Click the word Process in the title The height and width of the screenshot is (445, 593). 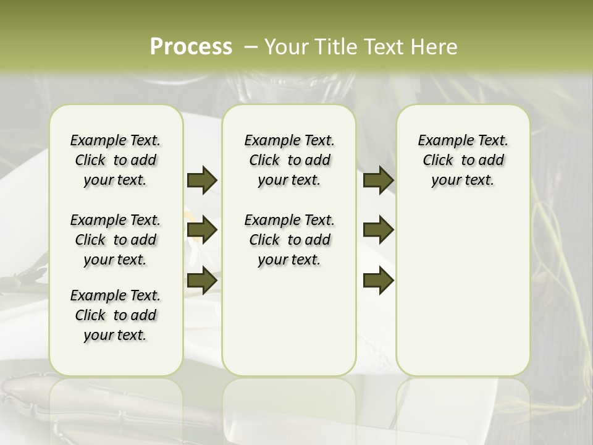click(191, 47)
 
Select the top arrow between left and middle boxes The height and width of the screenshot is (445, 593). click(202, 180)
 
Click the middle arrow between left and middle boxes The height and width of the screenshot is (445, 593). click(202, 230)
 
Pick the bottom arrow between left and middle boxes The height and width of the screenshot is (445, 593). click(202, 280)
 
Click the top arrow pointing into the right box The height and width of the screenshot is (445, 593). click(378, 180)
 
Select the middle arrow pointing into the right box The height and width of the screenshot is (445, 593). click(378, 230)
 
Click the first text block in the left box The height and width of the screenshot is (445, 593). click(116, 160)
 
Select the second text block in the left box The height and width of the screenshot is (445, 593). click(116, 240)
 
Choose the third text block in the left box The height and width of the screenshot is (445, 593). click(116, 315)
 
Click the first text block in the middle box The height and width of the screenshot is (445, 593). click(290, 160)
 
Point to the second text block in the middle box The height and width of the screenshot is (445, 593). click(290, 240)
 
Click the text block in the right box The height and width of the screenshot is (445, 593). click(463, 160)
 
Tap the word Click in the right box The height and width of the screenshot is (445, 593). click(438, 161)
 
